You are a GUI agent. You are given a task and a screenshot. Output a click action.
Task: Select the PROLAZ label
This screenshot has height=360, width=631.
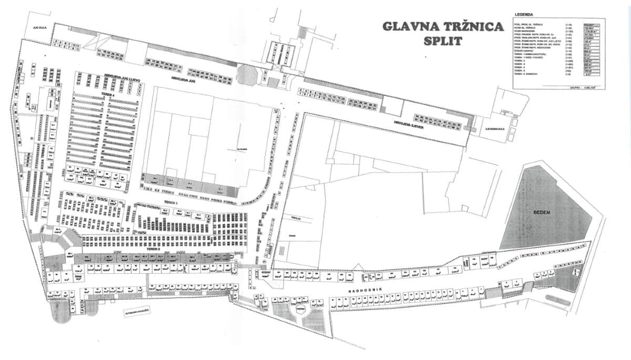294,216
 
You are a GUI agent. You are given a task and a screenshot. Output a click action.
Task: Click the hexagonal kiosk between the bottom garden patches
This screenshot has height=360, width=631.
300,310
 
